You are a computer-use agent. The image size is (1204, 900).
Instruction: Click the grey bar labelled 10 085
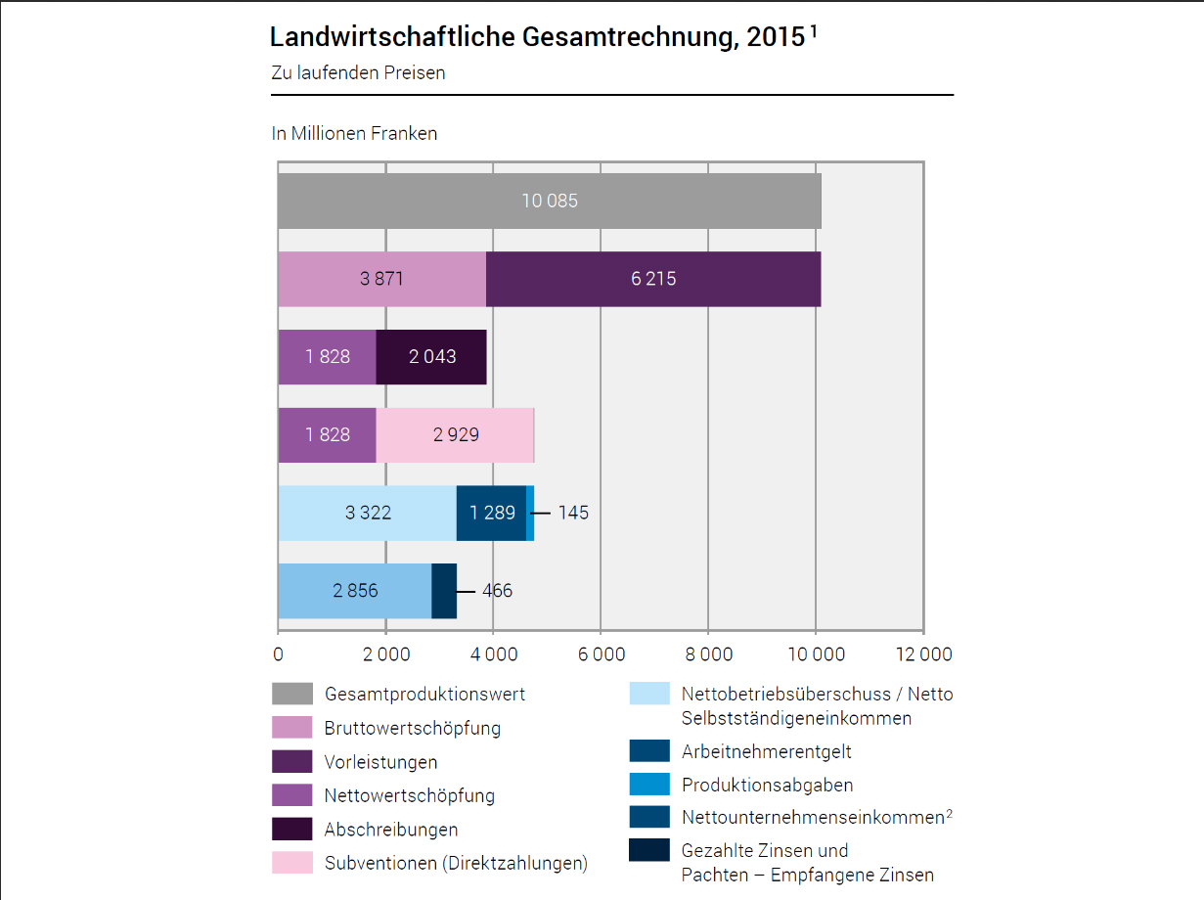pyautogui.click(x=549, y=202)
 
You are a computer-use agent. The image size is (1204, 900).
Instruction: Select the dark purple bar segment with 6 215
pyautogui.click(x=653, y=279)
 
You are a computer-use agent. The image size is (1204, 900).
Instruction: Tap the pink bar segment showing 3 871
pyautogui.click(x=381, y=279)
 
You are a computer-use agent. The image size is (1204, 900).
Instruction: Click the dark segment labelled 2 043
pyautogui.click(x=431, y=357)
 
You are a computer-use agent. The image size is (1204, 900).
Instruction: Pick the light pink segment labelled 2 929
pyautogui.click(x=455, y=434)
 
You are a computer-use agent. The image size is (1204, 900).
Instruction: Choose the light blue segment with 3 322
pyautogui.click(x=367, y=513)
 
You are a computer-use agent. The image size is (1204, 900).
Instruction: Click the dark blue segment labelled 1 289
pyautogui.click(x=491, y=513)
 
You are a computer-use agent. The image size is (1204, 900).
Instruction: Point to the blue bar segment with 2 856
pyautogui.click(x=354, y=591)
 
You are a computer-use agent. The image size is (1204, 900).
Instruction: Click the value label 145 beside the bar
pyautogui.click(x=573, y=513)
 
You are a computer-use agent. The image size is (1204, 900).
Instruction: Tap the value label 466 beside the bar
pyautogui.click(x=497, y=591)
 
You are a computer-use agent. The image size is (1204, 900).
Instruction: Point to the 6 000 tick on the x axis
pyautogui.click(x=601, y=653)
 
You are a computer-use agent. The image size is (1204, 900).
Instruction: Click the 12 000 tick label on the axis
pyautogui.click(x=923, y=653)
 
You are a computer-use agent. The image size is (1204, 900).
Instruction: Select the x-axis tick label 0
pyautogui.click(x=279, y=653)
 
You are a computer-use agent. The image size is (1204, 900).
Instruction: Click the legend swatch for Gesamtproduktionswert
pyautogui.click(x=291, y=694)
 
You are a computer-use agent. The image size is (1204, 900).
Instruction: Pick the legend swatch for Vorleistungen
pyautogui.click(x=291, y=761)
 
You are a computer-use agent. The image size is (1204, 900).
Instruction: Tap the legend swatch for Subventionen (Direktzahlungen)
pyautogui.click(x=291, y=863)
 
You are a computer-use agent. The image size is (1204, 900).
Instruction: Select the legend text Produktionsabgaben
pyautogui.click(x=767, y=785)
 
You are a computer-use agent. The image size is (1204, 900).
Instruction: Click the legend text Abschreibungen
pyautogui.click(x=390, y=830)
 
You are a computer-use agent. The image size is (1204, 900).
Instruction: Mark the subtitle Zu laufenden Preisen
pyautogui.click(x=358, y=72)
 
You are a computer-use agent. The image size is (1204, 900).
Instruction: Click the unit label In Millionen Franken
pyautogui.click(x=354, y=133)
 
